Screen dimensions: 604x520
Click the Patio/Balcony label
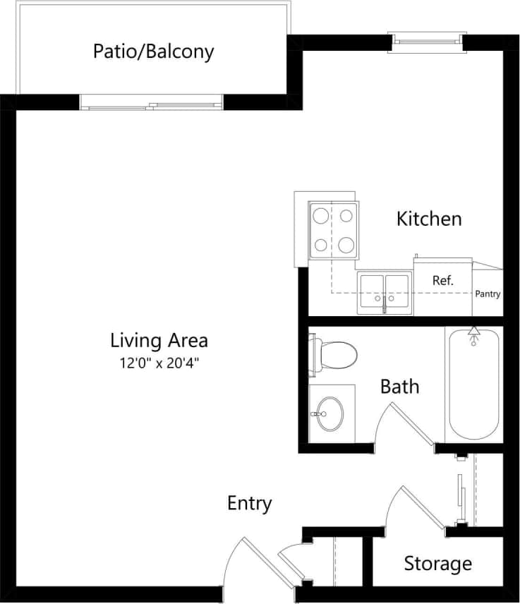pos(153,52)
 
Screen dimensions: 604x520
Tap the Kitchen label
pos(429,219)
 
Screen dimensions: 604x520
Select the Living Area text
pos(159,341)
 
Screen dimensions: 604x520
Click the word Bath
pos(399,387)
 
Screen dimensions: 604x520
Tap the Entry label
pos(249,503)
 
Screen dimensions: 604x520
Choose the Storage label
pos(437,564)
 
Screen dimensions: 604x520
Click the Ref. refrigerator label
pos(442,280)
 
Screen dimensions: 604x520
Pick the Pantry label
pos(488,294)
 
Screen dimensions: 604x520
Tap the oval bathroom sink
pos(329,413)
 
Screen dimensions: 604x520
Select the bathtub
pos(473,385)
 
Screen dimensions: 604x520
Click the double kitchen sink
pos(384,292)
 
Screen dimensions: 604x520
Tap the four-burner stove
pos(333,229)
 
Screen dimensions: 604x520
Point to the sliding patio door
pos(151,103)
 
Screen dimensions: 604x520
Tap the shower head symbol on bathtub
pos(473,334)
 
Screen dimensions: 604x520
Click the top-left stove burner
pos(321,215)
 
